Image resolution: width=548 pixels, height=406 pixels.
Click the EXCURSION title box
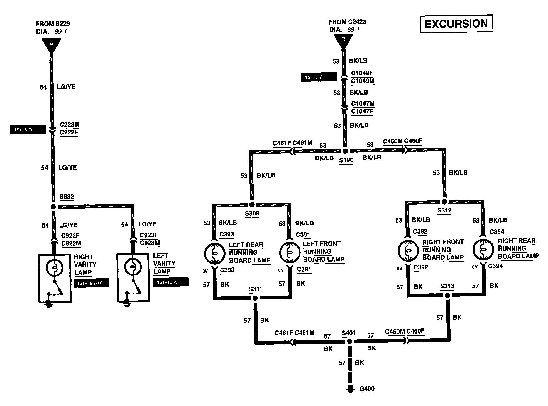456,24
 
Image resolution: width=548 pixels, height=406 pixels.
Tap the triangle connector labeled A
52,44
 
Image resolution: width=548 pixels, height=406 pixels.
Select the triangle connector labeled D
343,40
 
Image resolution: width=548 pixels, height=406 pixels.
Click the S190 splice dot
345,151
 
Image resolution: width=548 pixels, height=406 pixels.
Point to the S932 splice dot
53,207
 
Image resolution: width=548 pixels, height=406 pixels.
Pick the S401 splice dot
349,342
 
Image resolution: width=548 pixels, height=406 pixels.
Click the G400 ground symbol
351,389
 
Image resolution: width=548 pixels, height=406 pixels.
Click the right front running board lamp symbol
408,250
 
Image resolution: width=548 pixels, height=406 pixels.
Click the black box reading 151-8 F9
28,130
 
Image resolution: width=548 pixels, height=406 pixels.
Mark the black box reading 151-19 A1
171,282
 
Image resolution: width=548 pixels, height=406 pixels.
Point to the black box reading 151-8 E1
319,77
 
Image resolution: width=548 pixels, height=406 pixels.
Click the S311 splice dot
255,298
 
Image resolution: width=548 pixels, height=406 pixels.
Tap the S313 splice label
447,286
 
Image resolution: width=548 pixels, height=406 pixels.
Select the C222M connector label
70,124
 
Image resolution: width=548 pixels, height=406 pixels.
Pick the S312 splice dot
444,202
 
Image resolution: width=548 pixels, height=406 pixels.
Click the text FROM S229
53,24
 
